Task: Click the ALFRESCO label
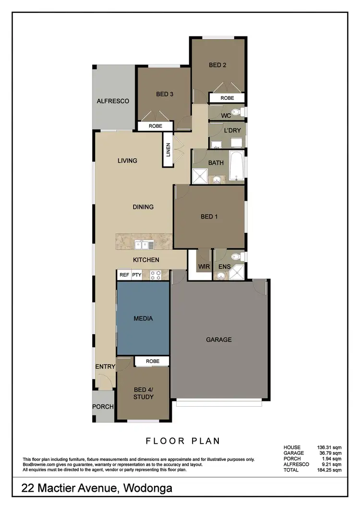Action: click(x=113, y=101)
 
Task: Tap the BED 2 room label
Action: click(x=217, y=65)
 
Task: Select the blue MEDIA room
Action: click(x=143, y=318)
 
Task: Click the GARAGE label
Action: click(x=218, y=339)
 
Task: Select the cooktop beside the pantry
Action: click(x=156, y=275)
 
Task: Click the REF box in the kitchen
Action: click(x=124, y=275)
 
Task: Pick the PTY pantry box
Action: click(x=137, y=275)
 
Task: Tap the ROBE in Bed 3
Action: click(x=155, y=126)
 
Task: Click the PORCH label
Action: click(x=103, y=407)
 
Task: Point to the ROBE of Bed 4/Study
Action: click(x=152, y=361)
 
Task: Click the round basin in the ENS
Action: click(x=220, y=276)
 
